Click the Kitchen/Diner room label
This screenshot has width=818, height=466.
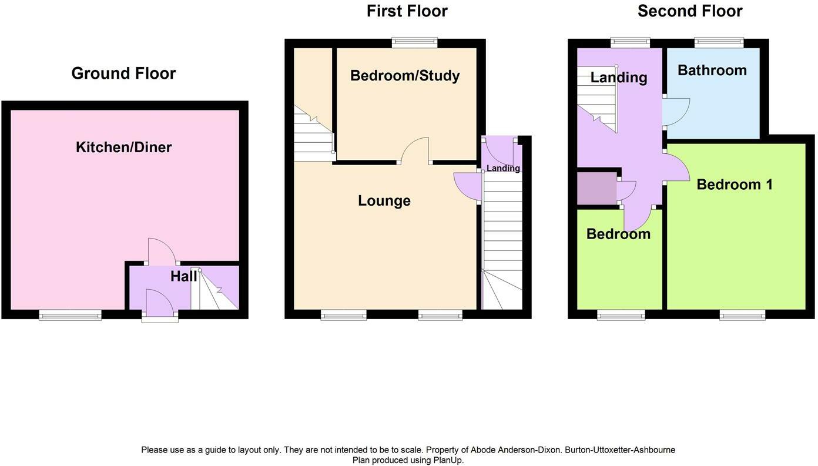[123, 147]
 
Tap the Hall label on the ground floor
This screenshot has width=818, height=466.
[183, 276]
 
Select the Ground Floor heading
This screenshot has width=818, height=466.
[123, 73]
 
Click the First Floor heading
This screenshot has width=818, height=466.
[407, 11]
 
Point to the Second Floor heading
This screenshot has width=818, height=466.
[690, 11]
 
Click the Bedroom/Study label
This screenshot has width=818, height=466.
[405, 76]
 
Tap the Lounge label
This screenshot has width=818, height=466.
[384, 201]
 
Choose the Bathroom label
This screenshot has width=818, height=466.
[712, 71]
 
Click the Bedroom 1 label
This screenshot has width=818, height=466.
[735, 185]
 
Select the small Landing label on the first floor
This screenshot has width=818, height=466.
[503, 169]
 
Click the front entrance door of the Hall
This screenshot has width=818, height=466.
[159, 304]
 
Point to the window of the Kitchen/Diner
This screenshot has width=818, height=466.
[71, 316]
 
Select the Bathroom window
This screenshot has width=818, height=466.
[719, 42]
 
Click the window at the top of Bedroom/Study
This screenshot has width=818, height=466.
[415, 42]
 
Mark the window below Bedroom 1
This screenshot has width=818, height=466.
[743, 316]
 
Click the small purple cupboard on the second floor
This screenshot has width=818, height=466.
[596, 189]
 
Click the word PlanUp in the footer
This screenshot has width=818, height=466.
[448, 461]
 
